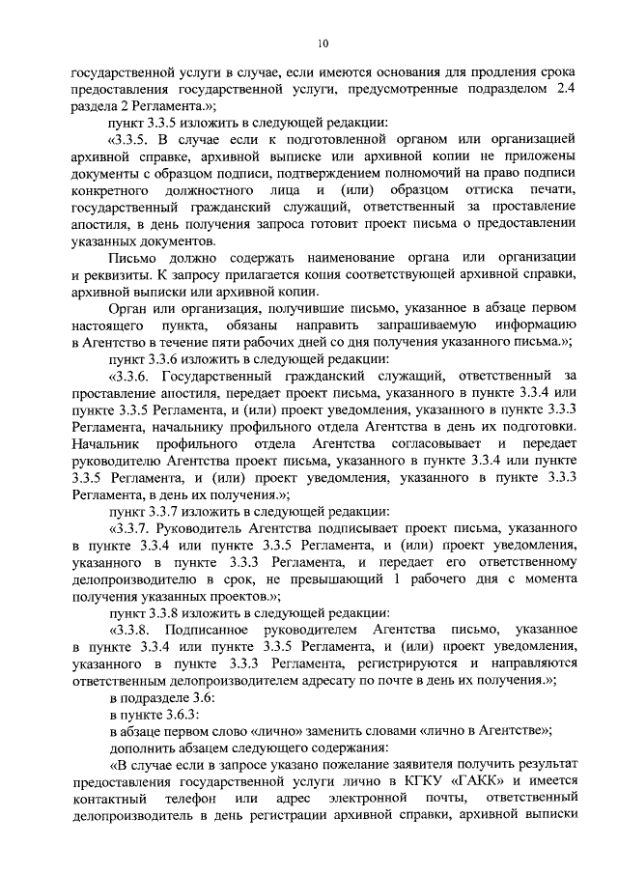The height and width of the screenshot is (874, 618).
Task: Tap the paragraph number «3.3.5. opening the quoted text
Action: point(133,141)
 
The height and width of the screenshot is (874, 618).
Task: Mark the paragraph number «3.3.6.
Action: point(133,377)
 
